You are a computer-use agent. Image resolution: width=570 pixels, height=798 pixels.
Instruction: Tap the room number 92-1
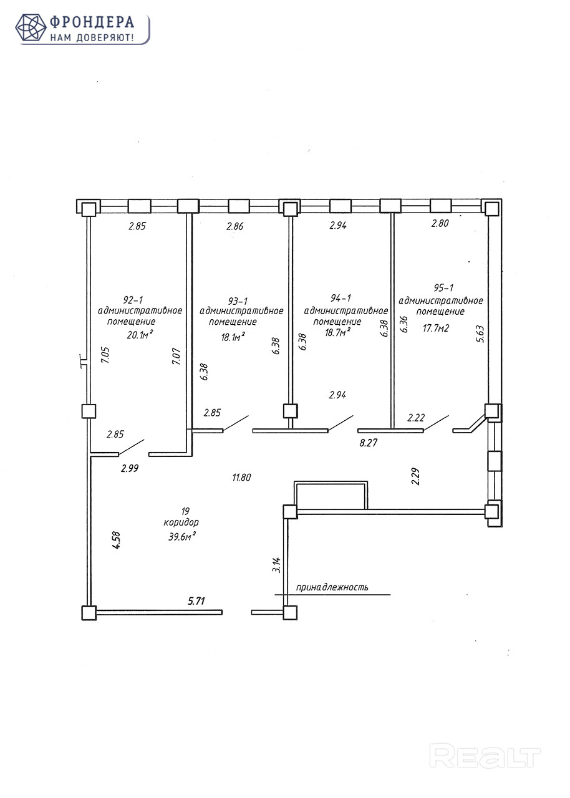coord(133,299)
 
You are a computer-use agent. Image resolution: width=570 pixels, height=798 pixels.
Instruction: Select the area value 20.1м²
coord(140,335)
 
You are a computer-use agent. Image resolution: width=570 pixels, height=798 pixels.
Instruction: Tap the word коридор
coord(181,522)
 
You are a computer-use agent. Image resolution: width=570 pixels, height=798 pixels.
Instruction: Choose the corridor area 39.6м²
coord(182,536)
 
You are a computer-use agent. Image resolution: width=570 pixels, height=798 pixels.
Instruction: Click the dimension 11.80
coord(241,478)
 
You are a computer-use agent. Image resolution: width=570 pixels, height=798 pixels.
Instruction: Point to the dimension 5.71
coord(196,601)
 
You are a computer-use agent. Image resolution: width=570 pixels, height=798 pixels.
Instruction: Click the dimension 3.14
coord(276,564)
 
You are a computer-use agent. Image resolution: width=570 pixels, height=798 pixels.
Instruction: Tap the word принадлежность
coord(332,587)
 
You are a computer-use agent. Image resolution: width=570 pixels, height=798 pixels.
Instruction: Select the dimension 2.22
coord(416,418)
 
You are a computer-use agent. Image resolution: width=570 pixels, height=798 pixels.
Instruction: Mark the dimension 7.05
coord(105,357)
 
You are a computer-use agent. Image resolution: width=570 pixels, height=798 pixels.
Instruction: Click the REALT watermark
coord(486,756)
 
